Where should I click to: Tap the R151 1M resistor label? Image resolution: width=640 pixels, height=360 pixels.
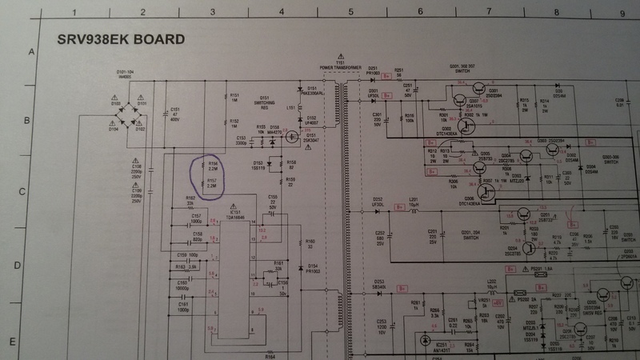pos(234,95)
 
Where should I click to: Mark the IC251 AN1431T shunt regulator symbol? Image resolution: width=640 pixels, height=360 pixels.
pos(424,340)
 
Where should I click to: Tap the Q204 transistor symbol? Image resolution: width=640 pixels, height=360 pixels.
pos(529,247)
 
